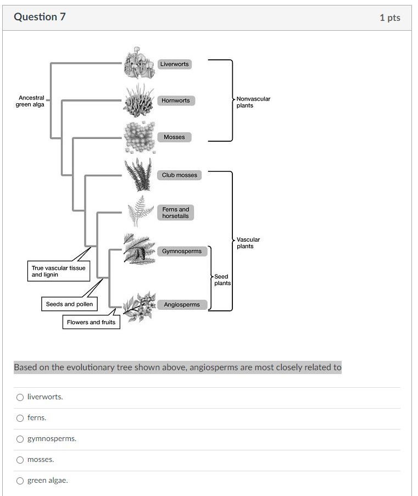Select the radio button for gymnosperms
click(20, 439)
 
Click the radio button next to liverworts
click(20, 397)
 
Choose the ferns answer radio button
click(20, 418)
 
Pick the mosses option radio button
click(20, 460)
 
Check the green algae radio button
click(20, 481)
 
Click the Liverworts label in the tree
click(174, 64)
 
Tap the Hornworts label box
click(176, 101)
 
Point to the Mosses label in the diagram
click(174, 137)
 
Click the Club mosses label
click(180, 175)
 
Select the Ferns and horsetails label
click(176, 213)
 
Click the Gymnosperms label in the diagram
click(182, 251)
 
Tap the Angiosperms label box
click(182, 304)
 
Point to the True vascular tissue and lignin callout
click(58, 271)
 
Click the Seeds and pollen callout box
click(69, 304)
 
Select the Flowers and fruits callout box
click(91, 322)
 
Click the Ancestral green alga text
click(30, 101)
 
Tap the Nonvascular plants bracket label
click(253, 102)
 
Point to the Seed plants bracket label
click(222, 280)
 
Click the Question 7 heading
click(40, 17)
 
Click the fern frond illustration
click(141, 210)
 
